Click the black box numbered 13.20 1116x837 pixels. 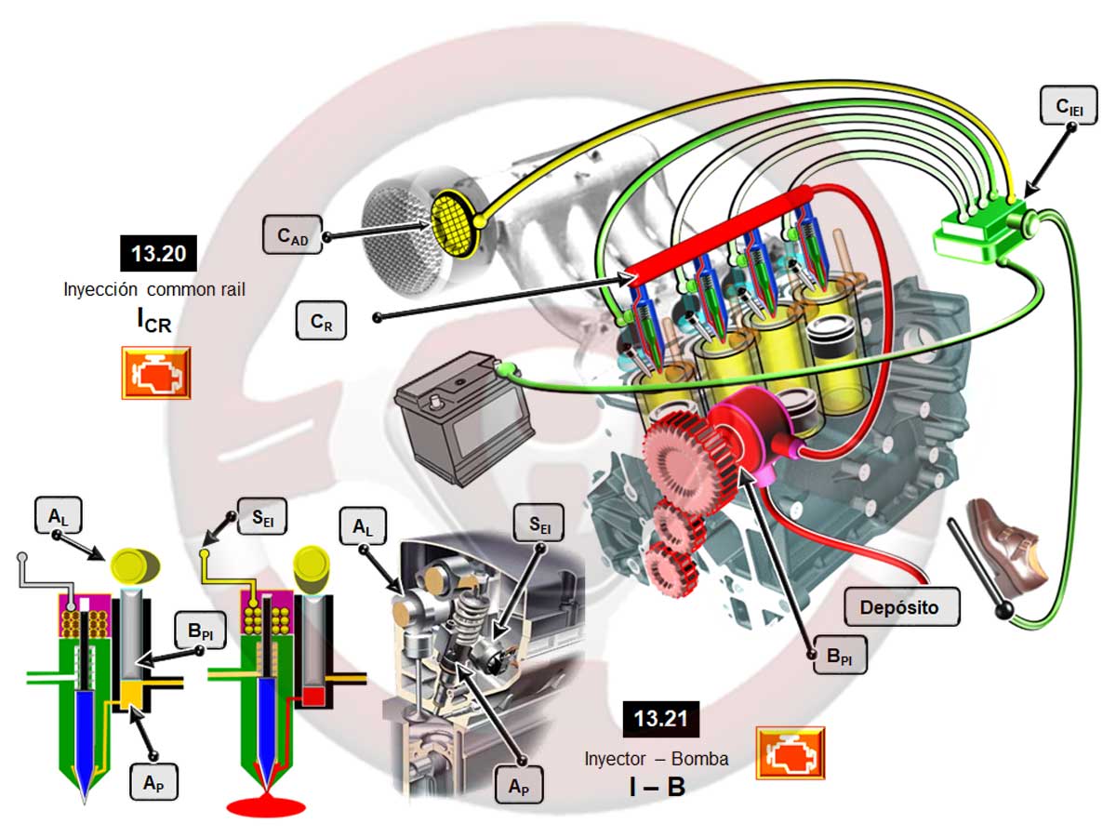pyautogui.click(x=158, y=253)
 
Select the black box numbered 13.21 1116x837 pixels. pyautogui.click(x=660, y=719)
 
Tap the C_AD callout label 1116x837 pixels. pyautogui.click(x=291, y=236)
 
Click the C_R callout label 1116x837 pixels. pyautogui.click(x=322, y=322)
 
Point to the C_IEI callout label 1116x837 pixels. pyautogui.click(x=1066, y=109)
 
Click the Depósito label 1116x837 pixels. pyautogui.click(x=898, y=607)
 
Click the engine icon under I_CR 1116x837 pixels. pyautogui.click(x=156, y=373)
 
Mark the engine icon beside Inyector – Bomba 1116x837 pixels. pyautogui.click(x=790, y=752)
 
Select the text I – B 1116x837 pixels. pyautogui.click(x=657, y=788)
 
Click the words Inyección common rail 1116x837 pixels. pyautogui.click(x=154, y=288)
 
